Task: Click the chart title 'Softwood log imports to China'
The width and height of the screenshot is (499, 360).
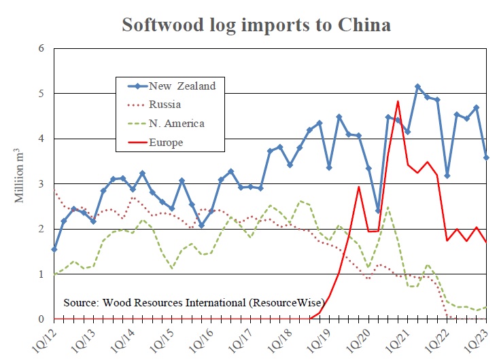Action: (256, 26)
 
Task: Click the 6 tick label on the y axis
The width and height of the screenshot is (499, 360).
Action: (41, 49)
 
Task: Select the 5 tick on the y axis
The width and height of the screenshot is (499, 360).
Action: (41, 94)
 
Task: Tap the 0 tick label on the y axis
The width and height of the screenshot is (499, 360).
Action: (41, 319)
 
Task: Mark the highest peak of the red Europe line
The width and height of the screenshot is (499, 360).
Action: (398, 102)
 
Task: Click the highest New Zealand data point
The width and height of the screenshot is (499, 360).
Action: (417, 87)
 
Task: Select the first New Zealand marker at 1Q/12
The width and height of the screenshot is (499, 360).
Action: (54, 249)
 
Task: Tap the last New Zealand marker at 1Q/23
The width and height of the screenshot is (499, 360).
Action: (487, 158)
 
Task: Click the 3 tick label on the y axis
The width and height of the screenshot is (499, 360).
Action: (41, 184)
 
